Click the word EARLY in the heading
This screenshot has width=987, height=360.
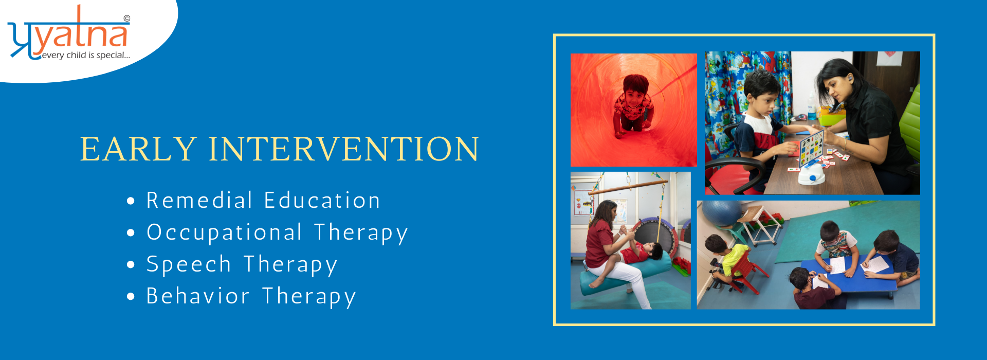click(x=138, y=149)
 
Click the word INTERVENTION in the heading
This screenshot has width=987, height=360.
click(x=344, y=149)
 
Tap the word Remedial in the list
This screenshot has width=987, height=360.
click(x=199, y=200)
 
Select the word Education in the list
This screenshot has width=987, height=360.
click(x=322, y=200)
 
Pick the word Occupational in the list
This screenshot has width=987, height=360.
click(x=225, y=232)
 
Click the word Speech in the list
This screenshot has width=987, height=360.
click(x=189, y=265)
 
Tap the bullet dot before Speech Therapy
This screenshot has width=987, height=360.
click(x=131, y=265)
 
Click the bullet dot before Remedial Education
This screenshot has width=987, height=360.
click(x=131, y=201)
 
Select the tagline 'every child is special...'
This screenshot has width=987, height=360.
click(x=86, y=55)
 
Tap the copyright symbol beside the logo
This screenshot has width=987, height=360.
click(x=127, y=19)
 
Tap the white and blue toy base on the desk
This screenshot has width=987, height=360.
click(x=811, y=175)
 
